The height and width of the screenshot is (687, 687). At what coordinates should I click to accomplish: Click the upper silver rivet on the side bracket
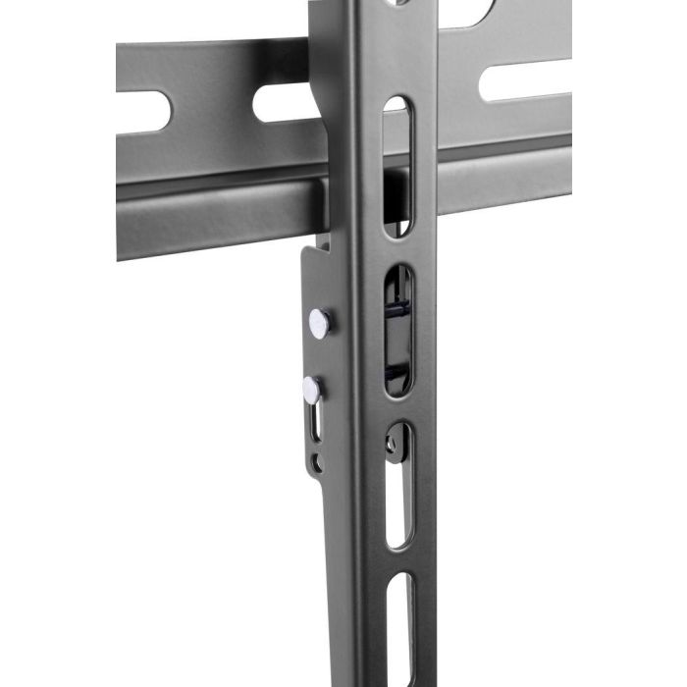(x=320, y=321)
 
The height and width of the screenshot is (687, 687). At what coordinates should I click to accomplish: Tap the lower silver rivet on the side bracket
(x=311, y=389)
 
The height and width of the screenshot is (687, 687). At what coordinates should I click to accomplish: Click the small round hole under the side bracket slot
(x=314, y=460)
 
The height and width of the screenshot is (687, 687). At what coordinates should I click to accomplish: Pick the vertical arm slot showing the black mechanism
(x=397, y=330)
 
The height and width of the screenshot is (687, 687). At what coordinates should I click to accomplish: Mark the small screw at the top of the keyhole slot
(x=393, y=444)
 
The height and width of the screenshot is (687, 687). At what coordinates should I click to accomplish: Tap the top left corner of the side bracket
(x=301, y=251)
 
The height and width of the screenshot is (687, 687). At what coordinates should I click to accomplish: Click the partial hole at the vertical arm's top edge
(x=396, y=3)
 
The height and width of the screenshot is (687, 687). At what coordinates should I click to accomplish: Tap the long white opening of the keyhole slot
(x=399, y=501)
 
